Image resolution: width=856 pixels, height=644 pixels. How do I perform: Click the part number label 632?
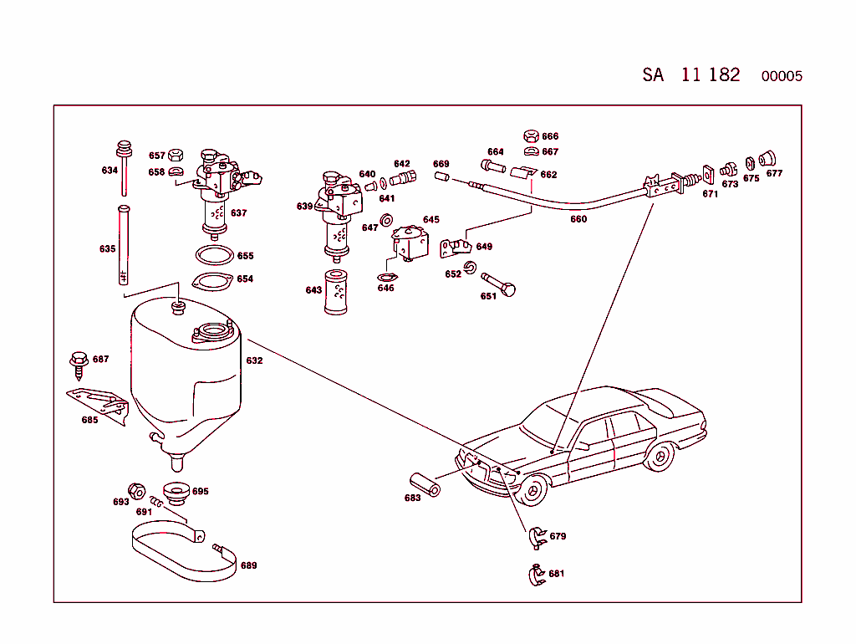point(254,361)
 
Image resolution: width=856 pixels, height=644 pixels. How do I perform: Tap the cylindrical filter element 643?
point(336,292)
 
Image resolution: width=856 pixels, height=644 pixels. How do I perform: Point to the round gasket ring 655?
point(212,255)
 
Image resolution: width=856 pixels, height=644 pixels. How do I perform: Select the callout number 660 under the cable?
point(578,220)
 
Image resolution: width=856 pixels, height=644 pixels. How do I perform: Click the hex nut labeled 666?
point(530,135)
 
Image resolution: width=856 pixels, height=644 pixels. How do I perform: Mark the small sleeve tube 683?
point(424,483)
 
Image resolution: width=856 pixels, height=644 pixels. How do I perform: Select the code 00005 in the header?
point(782,76)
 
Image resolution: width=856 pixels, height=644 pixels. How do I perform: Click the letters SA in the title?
point(653,74)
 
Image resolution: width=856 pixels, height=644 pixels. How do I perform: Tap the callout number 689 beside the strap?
point(249,565)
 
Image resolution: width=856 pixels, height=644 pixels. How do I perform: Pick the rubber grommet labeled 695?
point(175,493)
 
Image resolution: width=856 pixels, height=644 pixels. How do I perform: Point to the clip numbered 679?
point(536,537)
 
